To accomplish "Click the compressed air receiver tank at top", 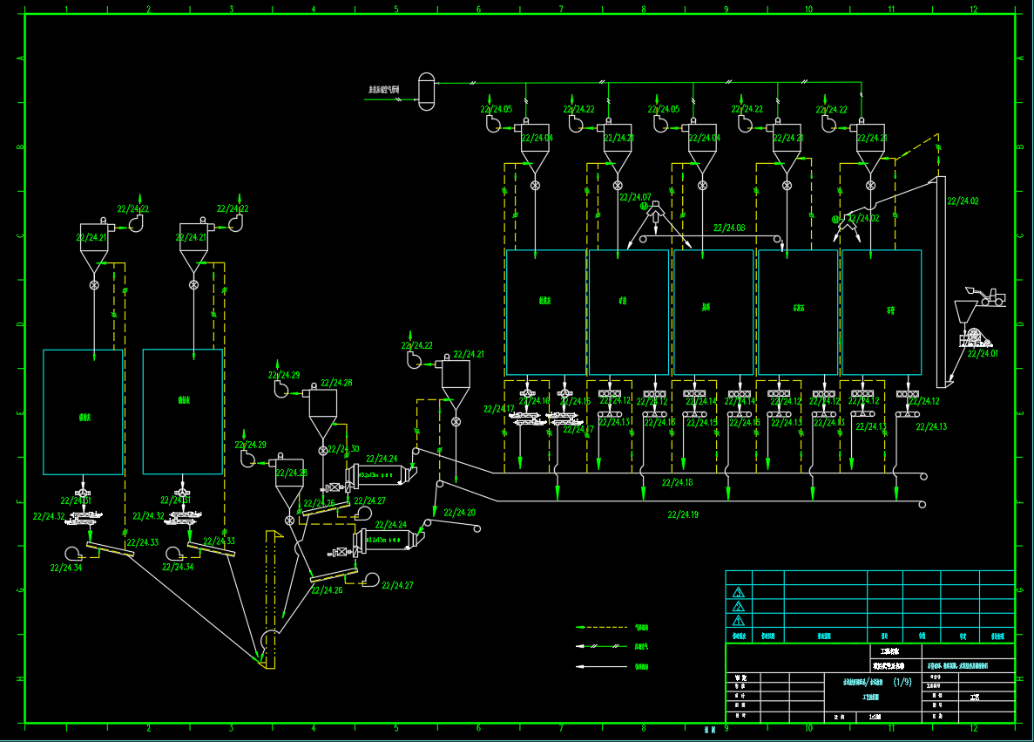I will [x=426, y=91].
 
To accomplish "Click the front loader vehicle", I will [x=987, y=296].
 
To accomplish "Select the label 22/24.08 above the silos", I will [x=729, y=228].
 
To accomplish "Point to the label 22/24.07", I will [x=636, y=197].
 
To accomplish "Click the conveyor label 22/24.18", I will [x=677, y=482].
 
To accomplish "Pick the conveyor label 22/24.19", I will [x=683, y=514].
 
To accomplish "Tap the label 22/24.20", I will [x=459, y=513].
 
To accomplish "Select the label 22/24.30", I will [x=343, y=450].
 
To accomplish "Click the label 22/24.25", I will [x=318, y=503].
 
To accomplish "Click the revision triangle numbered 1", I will [x=739, y=621].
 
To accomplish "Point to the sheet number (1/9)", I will [x=902, y=682].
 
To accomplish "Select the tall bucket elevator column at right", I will [x=941, y=279].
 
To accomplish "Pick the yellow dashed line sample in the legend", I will [x=601, y=627].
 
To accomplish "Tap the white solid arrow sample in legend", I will [x=601, y=667].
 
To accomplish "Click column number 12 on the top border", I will [x=973, y=10].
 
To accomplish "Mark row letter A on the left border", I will [x=19, y=59].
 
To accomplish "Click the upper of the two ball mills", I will [x=383, y=476].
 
